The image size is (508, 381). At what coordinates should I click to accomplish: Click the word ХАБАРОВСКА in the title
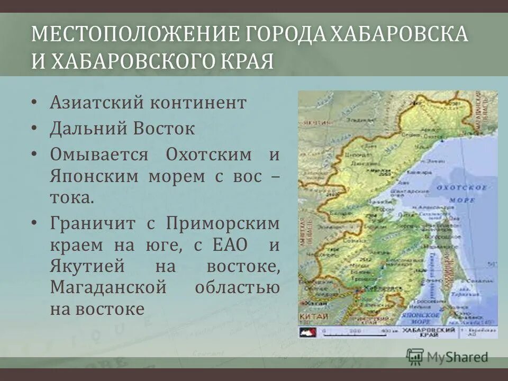coord(399,34)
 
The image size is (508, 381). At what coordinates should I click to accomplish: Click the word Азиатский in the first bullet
coord(96,102)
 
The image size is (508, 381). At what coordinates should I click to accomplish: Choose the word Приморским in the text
coord(223,223)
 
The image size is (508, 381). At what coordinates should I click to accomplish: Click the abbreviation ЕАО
coord(229,246)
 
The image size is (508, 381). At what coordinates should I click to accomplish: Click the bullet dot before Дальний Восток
coord(34,128)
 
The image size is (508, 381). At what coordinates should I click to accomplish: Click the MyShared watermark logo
coord(447,356)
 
